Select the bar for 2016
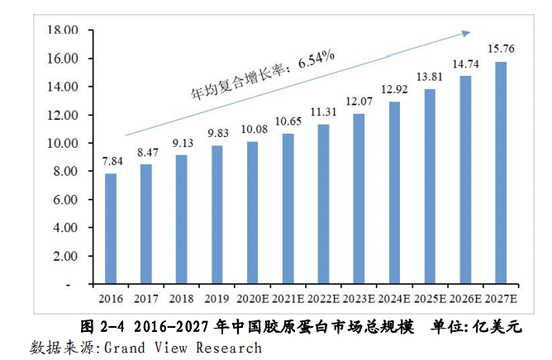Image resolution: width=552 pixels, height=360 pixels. point(111,229)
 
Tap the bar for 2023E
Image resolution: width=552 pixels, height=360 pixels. point(359,199)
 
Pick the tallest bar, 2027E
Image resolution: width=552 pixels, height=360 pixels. point(501,173)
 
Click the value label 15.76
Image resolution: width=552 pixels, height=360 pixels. point(501,49)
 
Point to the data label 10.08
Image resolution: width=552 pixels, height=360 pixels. point(253,129)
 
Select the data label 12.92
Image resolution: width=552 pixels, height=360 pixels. point(395,89)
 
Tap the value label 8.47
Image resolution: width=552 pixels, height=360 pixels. point(146,152)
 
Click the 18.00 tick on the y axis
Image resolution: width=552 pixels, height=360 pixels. point(63,31)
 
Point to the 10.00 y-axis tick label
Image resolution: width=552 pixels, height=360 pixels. point(63,143)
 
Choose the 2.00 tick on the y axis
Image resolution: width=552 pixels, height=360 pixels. point(64,255)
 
